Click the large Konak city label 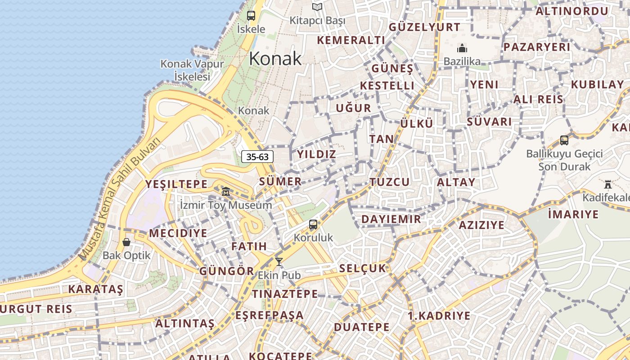pos(275,59)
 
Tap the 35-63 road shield pos(258,157)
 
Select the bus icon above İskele pos(251,16)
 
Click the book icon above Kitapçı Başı pos(317,7)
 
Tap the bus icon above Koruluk pos(313,225)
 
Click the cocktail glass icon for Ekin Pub pos(279,262)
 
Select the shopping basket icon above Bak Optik pos(126,243)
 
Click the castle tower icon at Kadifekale pos(608,184)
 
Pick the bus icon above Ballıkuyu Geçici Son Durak pos(564,140)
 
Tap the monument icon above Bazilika pos(462,48)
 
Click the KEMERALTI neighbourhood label pos(351,40)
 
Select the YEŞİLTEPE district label pos(176,184)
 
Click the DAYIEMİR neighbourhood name pos(391,219)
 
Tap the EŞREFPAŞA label pos(270,315)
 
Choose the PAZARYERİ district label pos(537,47)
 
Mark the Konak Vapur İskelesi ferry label pos(192,70)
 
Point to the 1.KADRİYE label pos(439,315)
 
